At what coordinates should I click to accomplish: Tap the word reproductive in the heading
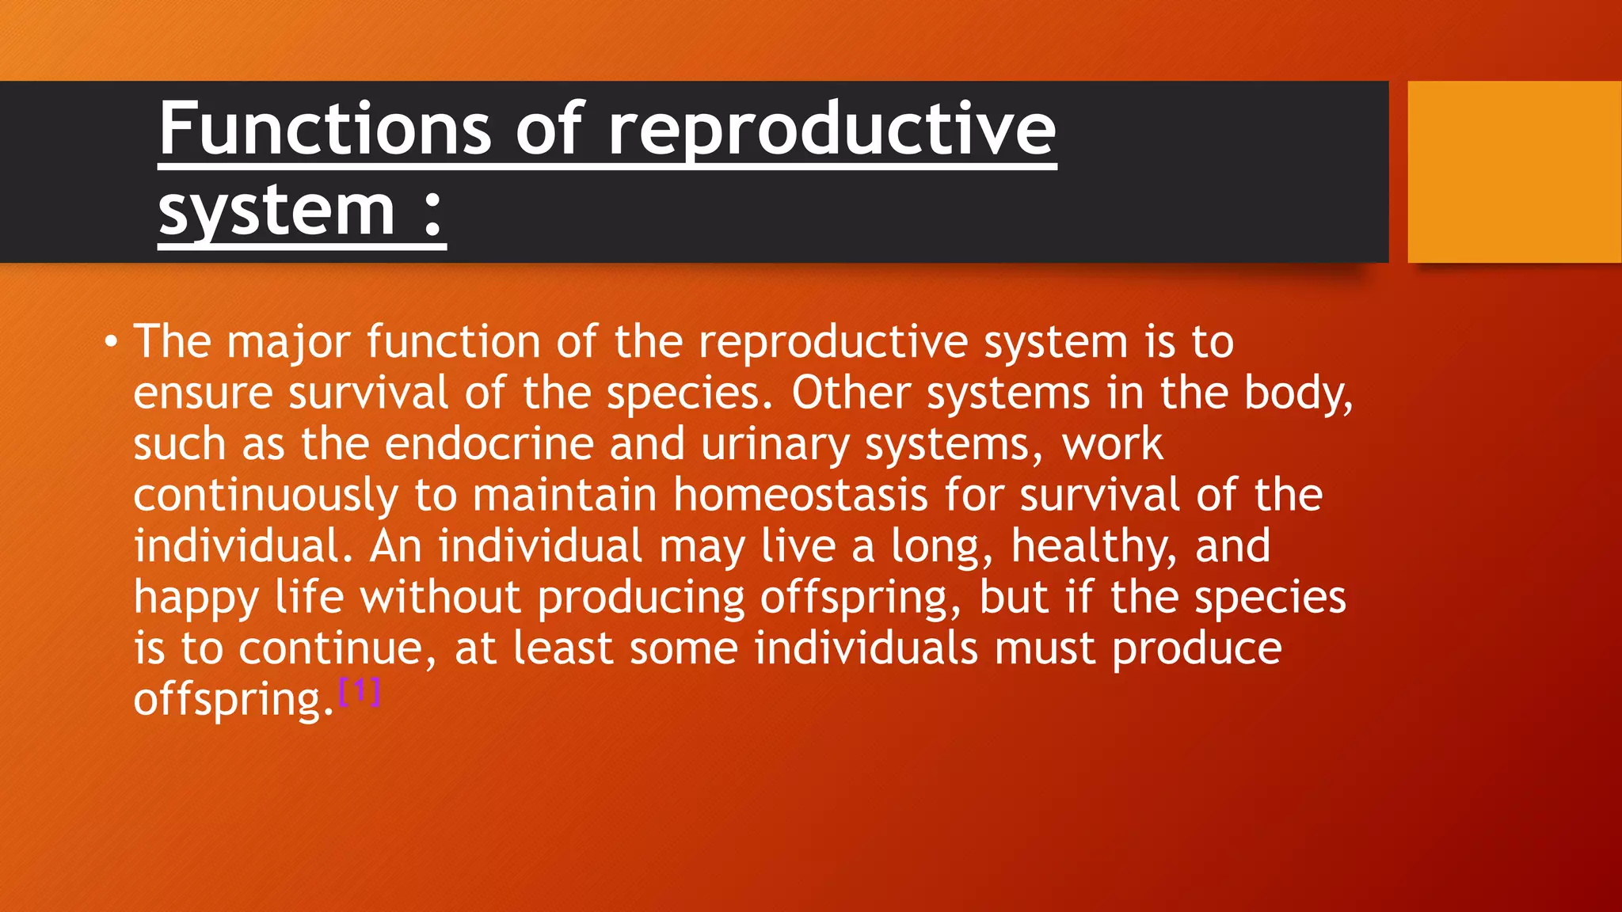pyautogui.click(x=832, y=131)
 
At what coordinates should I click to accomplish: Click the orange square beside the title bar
pyautogui.click(x=1513, y=172)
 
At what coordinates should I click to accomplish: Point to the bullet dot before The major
pyautogui.click(x=111, y=343)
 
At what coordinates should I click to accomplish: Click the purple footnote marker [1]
pyautogui.click(x=360, y=692)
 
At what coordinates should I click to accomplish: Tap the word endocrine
pyautogui.click(x=489, y=444)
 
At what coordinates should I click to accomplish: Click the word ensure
pyautogui.click(x=202, y=393)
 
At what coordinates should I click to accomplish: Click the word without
pyautogui.click(x=440, y=598)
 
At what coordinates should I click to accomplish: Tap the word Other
pyautogui.click(x=851, y=393)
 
